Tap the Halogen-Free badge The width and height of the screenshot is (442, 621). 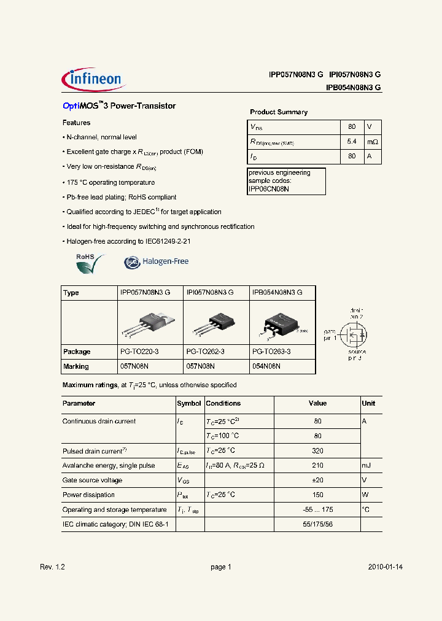156,261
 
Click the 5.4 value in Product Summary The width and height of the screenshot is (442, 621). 352,141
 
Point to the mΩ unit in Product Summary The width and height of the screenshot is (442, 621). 373,141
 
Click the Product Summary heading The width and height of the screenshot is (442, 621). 279,112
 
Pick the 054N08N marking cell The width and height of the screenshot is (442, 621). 266,366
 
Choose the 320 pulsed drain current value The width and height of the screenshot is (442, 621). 317,451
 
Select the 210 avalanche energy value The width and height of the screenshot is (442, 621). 317,466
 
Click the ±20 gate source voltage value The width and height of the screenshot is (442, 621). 317,480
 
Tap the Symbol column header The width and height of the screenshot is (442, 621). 188,404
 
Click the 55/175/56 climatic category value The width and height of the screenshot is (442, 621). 317,525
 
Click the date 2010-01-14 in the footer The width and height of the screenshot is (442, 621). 386,568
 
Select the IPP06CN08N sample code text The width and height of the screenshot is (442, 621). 269,189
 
